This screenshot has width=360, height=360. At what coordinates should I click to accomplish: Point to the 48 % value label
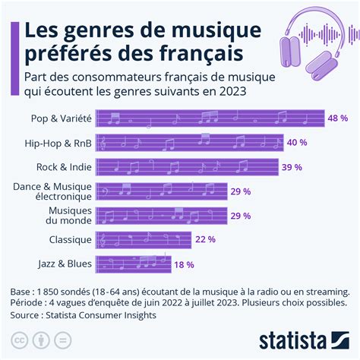pos(337,118)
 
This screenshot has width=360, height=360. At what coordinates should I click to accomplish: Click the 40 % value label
pos(298,142)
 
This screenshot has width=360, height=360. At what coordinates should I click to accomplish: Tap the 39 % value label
pos(292,166)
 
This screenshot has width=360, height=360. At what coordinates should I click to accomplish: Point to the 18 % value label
pos(185,264)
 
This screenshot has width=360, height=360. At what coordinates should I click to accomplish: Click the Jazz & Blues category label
pos(65,264)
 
